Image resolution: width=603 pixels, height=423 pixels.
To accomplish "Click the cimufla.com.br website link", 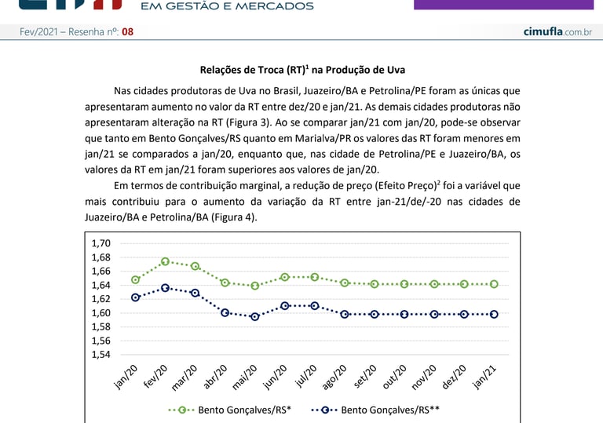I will point(557,31).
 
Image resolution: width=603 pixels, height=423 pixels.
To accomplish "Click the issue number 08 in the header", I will point(127,31).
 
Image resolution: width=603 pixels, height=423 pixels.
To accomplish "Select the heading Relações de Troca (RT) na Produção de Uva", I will point(301,70).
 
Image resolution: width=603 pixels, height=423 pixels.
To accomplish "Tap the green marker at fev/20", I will point(166,261).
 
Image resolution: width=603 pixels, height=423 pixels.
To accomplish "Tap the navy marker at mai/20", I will point(255,317).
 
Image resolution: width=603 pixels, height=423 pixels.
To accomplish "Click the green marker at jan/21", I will point(494,284).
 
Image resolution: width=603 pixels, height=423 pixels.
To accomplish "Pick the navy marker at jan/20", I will point(136,297).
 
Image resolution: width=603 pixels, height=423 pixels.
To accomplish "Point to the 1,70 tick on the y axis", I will point(102,243).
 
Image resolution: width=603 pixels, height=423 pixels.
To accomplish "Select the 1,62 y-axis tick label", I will point(102,299).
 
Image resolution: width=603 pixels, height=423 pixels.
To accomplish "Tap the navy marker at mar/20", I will point(196,293).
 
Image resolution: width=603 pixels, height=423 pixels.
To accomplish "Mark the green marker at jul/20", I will point(315,277).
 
